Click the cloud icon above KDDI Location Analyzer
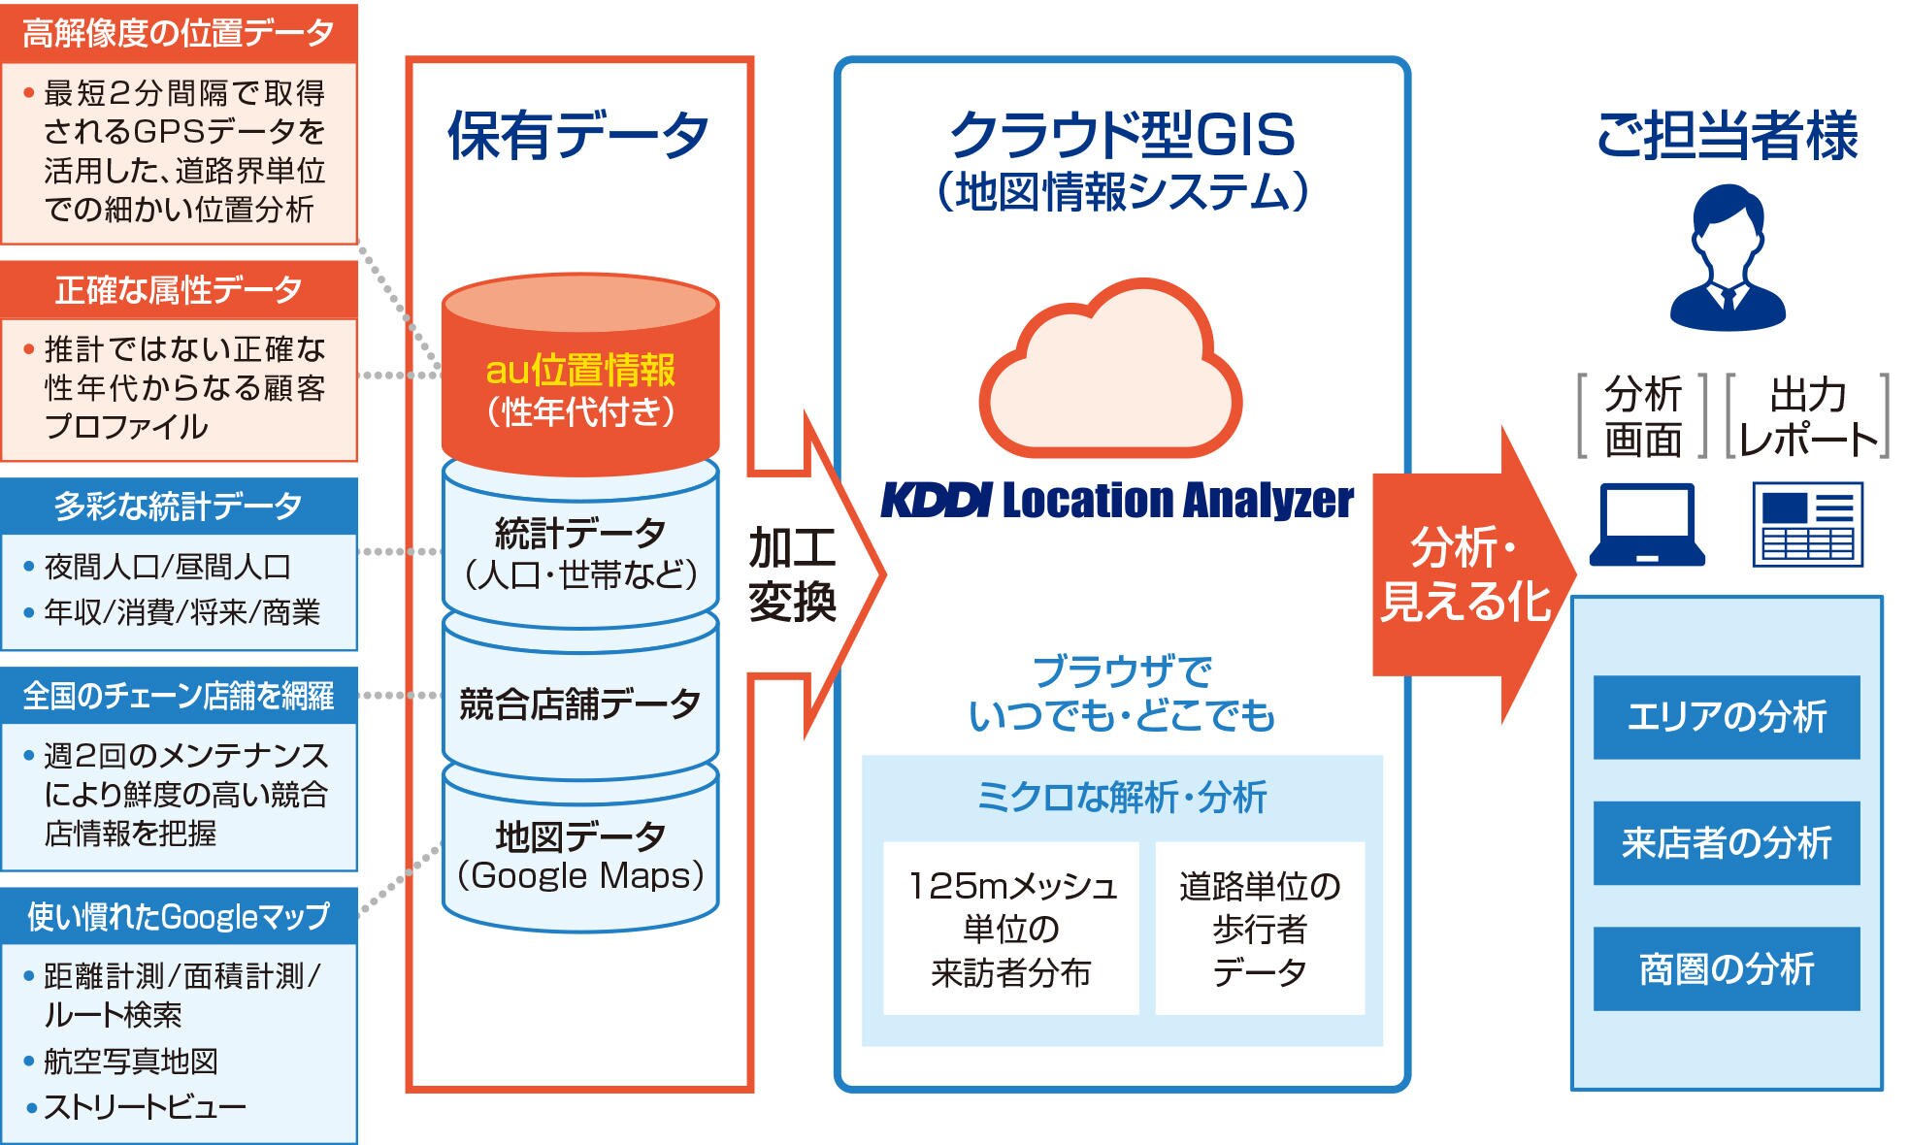tap(1109, 374)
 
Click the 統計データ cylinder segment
tap(580, 553)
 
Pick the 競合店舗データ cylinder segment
tap(580, 703)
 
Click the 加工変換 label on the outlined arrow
tap(791, 574)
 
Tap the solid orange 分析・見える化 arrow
tap(1465, 574)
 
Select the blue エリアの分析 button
tap(1726, 717)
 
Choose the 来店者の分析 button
tap(1726, 842)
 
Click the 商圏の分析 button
tap(1726, 968)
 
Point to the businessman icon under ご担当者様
tap(1728, 257)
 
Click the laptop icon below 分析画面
tap(1647, 525)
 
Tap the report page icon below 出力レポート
tap(1807, 525)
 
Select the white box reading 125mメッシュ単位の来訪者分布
tap(1010, 929)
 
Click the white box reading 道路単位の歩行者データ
tap(1259, 929)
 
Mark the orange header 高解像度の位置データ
tap(179, 33)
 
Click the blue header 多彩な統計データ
tap(179, 506)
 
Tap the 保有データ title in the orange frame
tap(578, 136)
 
